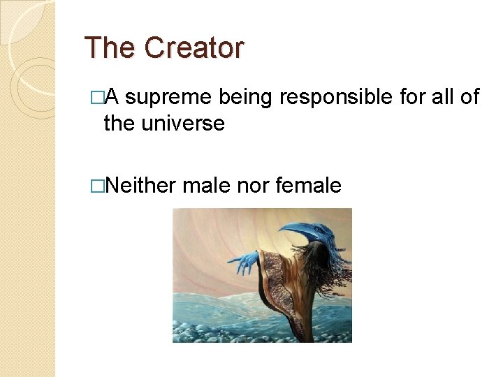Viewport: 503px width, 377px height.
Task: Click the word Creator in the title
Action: (x=194, y=48)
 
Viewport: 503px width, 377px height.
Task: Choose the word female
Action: (x=309, y=185)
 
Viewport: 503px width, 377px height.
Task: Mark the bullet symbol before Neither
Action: (x=97, y=186)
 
